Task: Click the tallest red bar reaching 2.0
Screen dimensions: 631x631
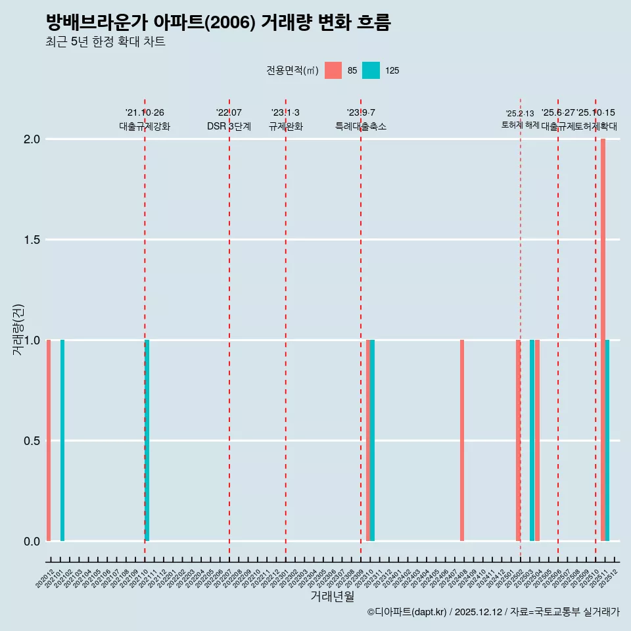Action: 603,339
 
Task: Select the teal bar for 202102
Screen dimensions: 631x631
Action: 62,440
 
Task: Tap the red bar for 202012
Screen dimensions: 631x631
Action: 49,440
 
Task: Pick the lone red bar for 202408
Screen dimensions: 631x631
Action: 462,440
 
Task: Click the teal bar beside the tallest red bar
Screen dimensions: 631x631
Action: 607,440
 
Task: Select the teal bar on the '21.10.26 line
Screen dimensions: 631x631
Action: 147,440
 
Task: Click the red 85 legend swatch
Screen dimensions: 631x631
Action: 333,70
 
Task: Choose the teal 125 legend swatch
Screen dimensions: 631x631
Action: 371,70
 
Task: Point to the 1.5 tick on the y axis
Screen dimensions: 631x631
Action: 30,240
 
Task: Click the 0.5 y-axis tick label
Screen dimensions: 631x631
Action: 30,441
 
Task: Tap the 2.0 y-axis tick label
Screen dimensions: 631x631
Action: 30,139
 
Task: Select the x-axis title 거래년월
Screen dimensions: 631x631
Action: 333,597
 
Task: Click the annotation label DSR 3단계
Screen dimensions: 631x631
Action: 229,127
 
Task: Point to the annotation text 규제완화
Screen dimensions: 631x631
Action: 285,127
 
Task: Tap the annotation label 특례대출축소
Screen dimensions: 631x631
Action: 361,127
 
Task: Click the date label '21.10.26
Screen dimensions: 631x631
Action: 145,113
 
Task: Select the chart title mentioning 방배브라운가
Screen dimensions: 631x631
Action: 218,22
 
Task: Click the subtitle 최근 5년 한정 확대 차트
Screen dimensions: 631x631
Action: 105,42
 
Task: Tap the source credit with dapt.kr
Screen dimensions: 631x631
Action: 493,613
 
